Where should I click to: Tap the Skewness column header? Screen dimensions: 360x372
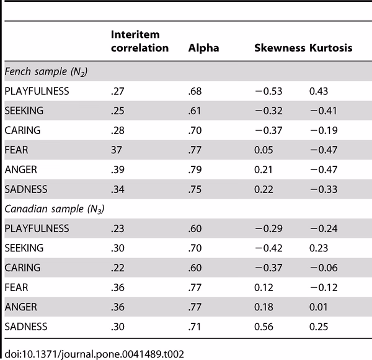pos(280,48)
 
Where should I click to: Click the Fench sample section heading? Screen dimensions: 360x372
pos(45,73)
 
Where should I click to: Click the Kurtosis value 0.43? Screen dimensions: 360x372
pos(319,91)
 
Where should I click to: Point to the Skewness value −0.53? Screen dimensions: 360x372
pos(269,91)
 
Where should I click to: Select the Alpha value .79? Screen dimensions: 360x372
pos(195,170)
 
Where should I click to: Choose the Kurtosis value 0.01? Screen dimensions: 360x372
pos(319,306)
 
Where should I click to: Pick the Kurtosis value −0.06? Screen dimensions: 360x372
pos(323,268)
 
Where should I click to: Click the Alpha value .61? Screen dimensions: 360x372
pos(195,111)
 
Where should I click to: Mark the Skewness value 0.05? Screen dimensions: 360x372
pos(265,150)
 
